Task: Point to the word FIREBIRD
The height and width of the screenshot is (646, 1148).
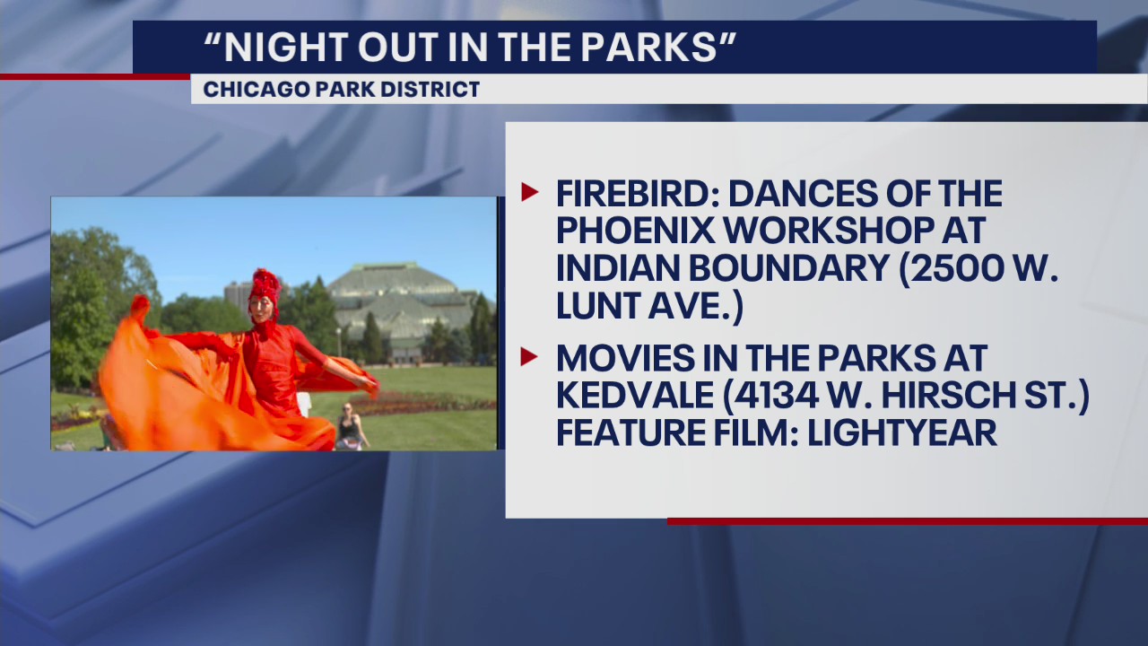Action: click(634, 193)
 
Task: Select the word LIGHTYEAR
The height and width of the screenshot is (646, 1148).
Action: click(903, 432)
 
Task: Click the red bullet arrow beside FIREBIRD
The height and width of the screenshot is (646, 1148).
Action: click(529, 191)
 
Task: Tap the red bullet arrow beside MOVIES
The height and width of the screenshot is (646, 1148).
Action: click(529, 356)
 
